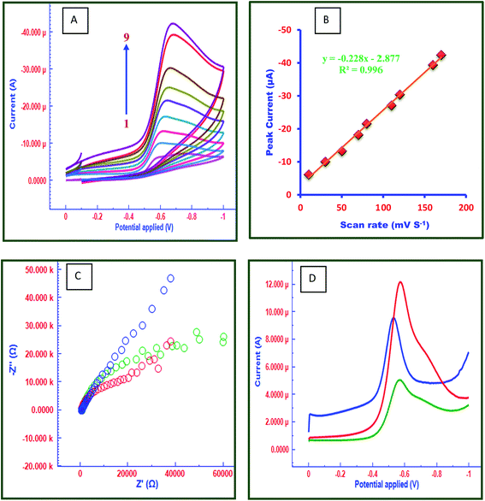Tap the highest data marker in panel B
point(441,55)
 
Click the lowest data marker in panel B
point(309,174)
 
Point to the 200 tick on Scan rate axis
point(465,208)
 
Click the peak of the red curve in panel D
point(400,282)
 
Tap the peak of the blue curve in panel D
point(393,319)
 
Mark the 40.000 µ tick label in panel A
point(29,32)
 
